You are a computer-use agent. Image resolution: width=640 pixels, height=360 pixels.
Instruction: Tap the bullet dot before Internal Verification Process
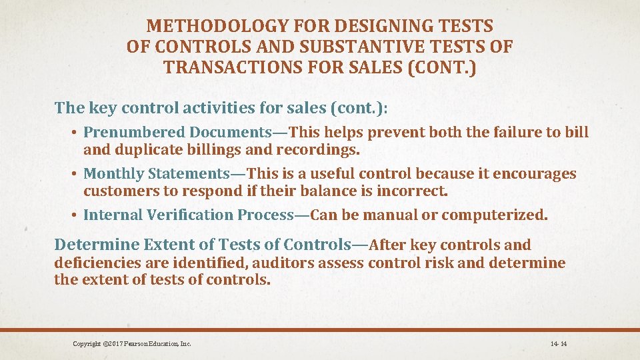click(x=76, y=215)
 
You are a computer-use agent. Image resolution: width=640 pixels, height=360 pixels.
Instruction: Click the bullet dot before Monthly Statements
click(x=76, y=174)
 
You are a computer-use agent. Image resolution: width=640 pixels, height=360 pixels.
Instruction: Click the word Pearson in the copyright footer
click(x=135, y=344)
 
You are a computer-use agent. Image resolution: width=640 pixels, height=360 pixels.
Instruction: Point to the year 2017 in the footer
click(x=111, y=344)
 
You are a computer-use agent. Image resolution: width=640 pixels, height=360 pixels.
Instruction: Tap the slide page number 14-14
click(x=558, y=344)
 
